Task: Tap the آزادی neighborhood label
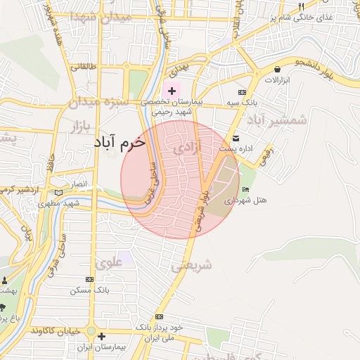(186, 148)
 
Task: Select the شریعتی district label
(191, 266)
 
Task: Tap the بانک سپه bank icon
(243, 92)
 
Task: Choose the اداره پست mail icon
(236, 138)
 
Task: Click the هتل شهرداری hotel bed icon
(245, 190)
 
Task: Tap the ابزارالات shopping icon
(278, 70)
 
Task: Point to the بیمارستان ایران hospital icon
(92, 346)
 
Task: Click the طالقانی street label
(80, 67)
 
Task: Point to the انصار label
(77, 184)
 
